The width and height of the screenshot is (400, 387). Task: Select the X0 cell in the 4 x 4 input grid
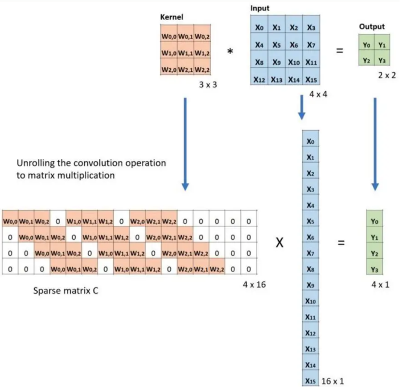259,28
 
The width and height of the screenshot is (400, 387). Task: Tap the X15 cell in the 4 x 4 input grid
311,79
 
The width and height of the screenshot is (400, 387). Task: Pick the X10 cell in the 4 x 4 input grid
293,62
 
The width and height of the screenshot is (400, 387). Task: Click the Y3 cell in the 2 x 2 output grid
382,60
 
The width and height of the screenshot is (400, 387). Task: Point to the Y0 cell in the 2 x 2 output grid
367,45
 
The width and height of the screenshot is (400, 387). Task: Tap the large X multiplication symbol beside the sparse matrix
279,244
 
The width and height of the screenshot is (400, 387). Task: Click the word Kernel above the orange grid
172,17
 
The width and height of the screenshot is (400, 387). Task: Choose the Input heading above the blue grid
260,8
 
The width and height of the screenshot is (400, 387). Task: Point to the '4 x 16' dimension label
254,285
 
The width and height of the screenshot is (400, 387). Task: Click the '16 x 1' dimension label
333,381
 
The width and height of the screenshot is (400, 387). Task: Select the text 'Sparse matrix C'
66,291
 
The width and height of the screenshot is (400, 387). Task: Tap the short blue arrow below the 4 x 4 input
302,107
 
